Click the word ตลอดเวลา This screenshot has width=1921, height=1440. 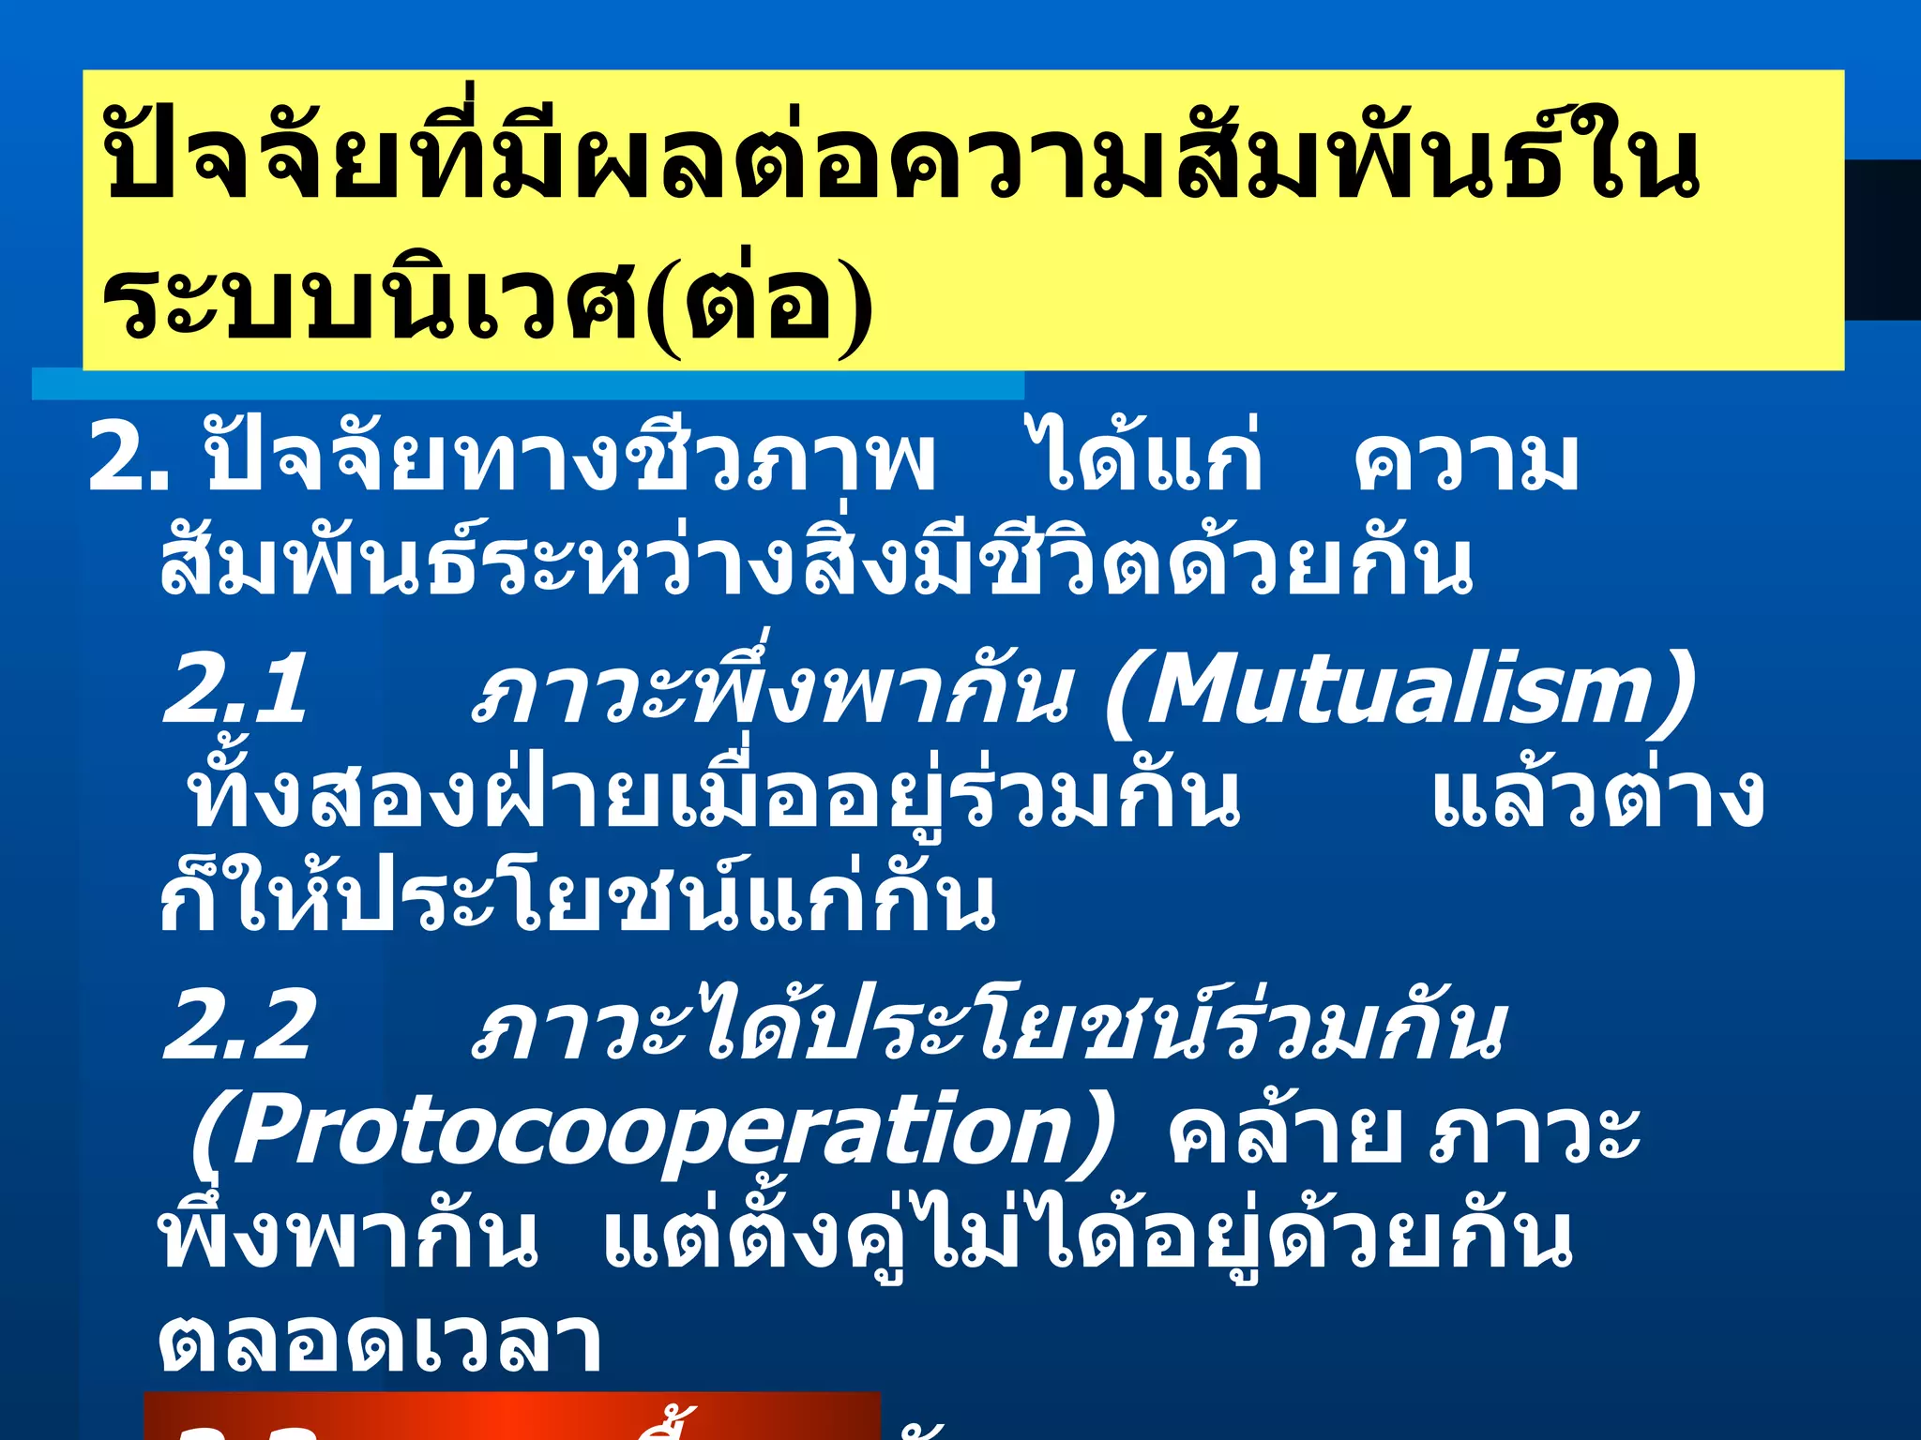click(380, 1342)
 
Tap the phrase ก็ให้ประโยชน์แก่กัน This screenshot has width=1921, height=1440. click(577, 900)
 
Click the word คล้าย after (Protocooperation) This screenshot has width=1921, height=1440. click(1286, 1134)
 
